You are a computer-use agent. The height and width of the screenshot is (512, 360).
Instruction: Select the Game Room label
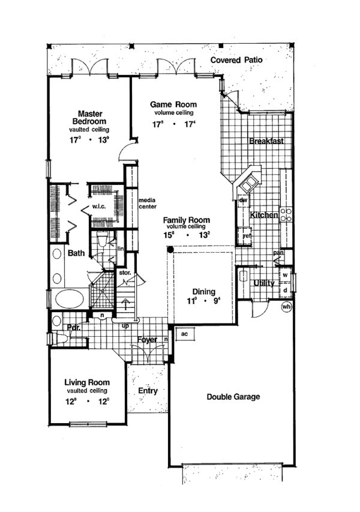(x=173, y=104)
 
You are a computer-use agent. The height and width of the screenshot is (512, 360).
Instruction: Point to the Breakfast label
(x=266, y=142)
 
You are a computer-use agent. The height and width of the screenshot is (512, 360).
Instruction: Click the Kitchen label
(x=264, y=215)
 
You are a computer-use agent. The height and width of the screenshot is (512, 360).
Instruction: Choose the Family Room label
(x=187, y=220)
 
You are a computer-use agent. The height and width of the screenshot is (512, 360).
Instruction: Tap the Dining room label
(x=204, y=292)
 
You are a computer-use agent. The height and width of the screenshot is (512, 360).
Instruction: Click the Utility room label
(x=264, y=282)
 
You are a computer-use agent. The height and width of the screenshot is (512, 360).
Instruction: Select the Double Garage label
(x=233, y=397)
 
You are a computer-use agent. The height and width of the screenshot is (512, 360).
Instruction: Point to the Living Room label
(x=87, y=382)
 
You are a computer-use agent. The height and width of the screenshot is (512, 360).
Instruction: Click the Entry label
(x=148, y=391)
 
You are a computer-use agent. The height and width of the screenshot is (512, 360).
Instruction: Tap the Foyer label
(x=147, y=340)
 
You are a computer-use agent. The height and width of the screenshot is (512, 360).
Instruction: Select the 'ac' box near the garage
(x=185, y=334)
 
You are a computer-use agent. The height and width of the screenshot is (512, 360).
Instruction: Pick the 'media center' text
(x=148, y=203)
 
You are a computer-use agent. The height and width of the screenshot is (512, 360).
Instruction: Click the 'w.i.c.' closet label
(x=99, y=208)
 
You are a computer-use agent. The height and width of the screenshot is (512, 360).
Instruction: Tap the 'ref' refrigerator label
(x=247, y=236)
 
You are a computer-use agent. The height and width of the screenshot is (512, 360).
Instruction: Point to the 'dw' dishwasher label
(x=244, y=200)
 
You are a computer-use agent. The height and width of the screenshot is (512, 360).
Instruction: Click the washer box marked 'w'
(x=286, y=276)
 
